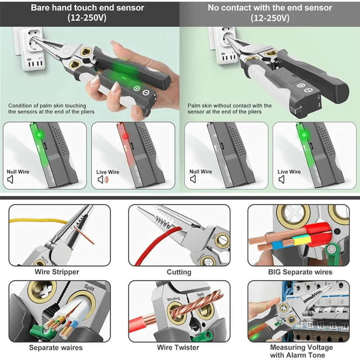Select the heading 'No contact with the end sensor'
[x=270, y=8]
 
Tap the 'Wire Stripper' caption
[x=57, y=272]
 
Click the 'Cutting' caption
[x=179, y=272]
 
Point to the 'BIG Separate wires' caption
[x=300, y=272]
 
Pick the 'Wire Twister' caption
[x=179, y=347]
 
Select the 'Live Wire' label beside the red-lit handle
[x=108, y=172]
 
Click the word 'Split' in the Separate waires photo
[x=89, y=286]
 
